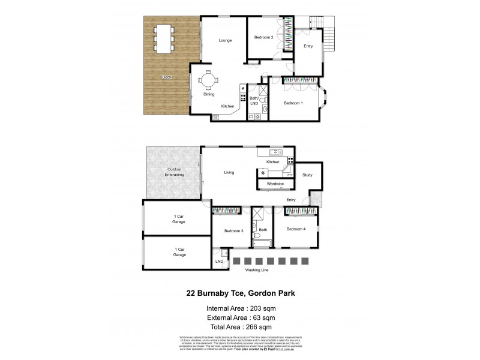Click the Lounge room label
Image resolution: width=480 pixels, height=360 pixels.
click(225, 40)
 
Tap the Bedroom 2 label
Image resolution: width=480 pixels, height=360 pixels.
click(264, 38)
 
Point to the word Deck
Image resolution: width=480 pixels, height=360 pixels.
click(166, 77)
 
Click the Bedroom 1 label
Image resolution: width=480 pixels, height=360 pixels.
click(293, 103)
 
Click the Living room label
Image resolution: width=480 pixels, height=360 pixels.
click(229, 172)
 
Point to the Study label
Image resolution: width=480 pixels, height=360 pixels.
click(307, 175)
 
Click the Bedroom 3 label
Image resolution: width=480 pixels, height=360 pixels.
click(233, 230)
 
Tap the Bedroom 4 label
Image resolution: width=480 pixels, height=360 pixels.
click(296, 229)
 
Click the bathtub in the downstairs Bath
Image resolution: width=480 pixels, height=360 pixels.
click(263, 243)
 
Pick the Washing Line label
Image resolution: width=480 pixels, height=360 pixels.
click(257, 270)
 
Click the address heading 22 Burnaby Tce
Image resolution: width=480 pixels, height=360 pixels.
click(239, 294)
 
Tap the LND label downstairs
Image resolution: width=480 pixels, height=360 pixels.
click(219, 262)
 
